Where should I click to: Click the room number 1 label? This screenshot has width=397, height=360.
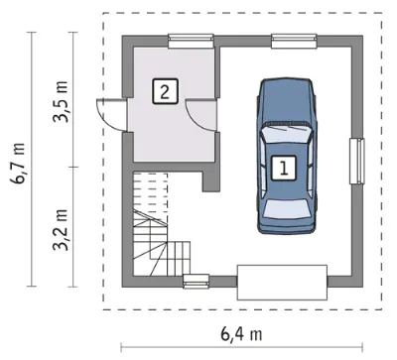pyautogui.click(x=284, y=168)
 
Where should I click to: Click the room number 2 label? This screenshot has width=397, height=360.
pyautogui.click(x=165, y=91)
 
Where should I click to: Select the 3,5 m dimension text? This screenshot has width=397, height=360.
pyautogui.click(x=61, y=101)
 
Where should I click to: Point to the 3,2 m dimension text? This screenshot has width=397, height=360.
pyautogui.click(x=61, y=229)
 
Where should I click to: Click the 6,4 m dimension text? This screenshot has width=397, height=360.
pyautogui.click(x=241, y=334)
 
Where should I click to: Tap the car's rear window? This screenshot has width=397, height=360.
pyautogui.click(x=287, y=208)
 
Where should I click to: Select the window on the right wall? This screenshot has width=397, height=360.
pyautogui.click(x=357, y=161)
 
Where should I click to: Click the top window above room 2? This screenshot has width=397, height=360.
pyautogui.click(x=191, y=42)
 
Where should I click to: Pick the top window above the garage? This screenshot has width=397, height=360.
pyautogui.click(x=294, y=42)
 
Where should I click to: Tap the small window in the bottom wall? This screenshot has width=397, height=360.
pyautogui.click(x=197, y=282)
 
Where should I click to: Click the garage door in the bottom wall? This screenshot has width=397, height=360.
pyautogui.click(x=282, y=283)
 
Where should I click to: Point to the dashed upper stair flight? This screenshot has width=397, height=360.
pyautogui.click(x=150, y=195)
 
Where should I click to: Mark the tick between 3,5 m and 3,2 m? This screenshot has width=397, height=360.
pyautogui.click(x=72, y=167)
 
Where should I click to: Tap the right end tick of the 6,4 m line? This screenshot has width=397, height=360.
pyautogui.click(x=363, y=347)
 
